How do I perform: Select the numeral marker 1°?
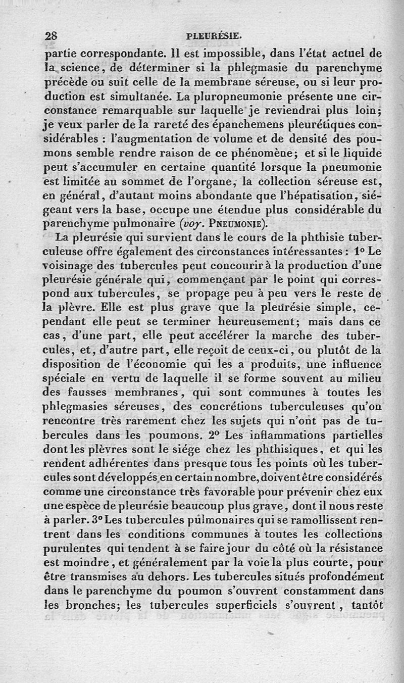(x=359, y=251)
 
